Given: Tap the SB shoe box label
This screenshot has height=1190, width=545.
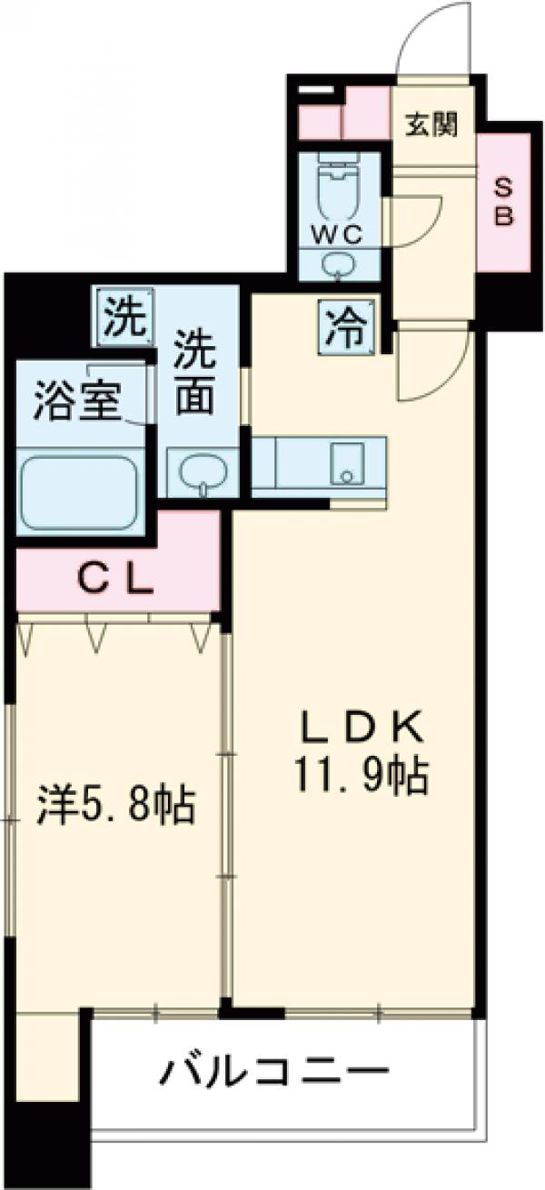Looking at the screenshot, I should [x=503, y=202].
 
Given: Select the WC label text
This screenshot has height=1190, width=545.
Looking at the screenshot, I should [x=338, y=233].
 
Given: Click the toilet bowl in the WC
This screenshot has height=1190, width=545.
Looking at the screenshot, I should [x=339, y=186].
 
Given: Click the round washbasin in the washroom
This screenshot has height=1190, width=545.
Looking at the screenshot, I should [x=200, y=472].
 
